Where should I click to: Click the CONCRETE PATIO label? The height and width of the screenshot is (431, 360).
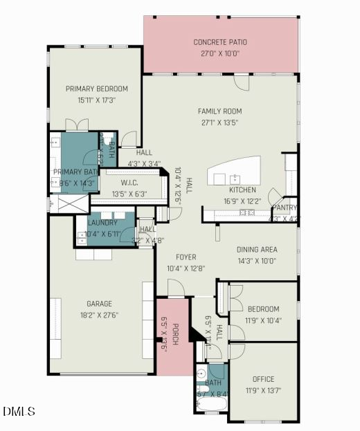click(220, 42)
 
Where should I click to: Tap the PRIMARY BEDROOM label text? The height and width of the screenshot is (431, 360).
click(97, 89)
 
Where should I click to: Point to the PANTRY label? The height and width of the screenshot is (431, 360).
click(285, 207)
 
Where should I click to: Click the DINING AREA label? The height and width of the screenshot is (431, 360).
click(257, 250)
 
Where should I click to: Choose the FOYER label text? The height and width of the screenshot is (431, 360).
click(186, 257)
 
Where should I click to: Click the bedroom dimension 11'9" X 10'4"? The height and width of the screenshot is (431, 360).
click(263, 320)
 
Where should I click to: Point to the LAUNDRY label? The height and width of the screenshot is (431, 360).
click(102, 223)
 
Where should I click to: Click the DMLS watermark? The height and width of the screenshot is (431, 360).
click(19, 412)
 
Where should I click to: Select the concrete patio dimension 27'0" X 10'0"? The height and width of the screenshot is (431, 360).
click(220, 53)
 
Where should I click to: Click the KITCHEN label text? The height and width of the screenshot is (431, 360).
click(242, 190)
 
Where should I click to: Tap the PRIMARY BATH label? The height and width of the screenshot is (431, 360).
click(76, 172)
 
